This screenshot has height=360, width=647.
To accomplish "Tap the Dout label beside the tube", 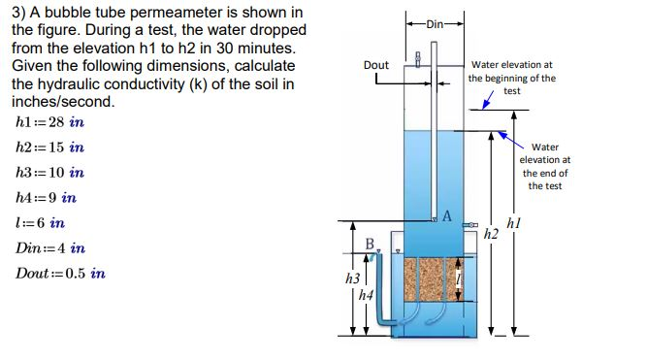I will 376,65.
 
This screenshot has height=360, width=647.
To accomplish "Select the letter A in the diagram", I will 447,214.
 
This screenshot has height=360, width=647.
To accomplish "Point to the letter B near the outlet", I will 369,243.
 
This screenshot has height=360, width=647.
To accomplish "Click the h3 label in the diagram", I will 353,278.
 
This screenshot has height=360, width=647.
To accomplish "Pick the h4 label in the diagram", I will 365,293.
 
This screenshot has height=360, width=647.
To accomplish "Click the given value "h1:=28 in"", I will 51,123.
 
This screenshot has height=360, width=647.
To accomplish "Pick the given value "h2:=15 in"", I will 51,147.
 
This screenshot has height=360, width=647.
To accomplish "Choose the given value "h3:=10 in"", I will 51,173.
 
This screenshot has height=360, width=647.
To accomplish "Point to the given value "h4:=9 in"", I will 48,198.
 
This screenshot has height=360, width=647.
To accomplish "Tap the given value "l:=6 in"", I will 42,223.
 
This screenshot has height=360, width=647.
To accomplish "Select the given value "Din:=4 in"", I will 52,248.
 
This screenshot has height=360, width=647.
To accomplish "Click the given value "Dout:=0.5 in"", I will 62,274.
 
